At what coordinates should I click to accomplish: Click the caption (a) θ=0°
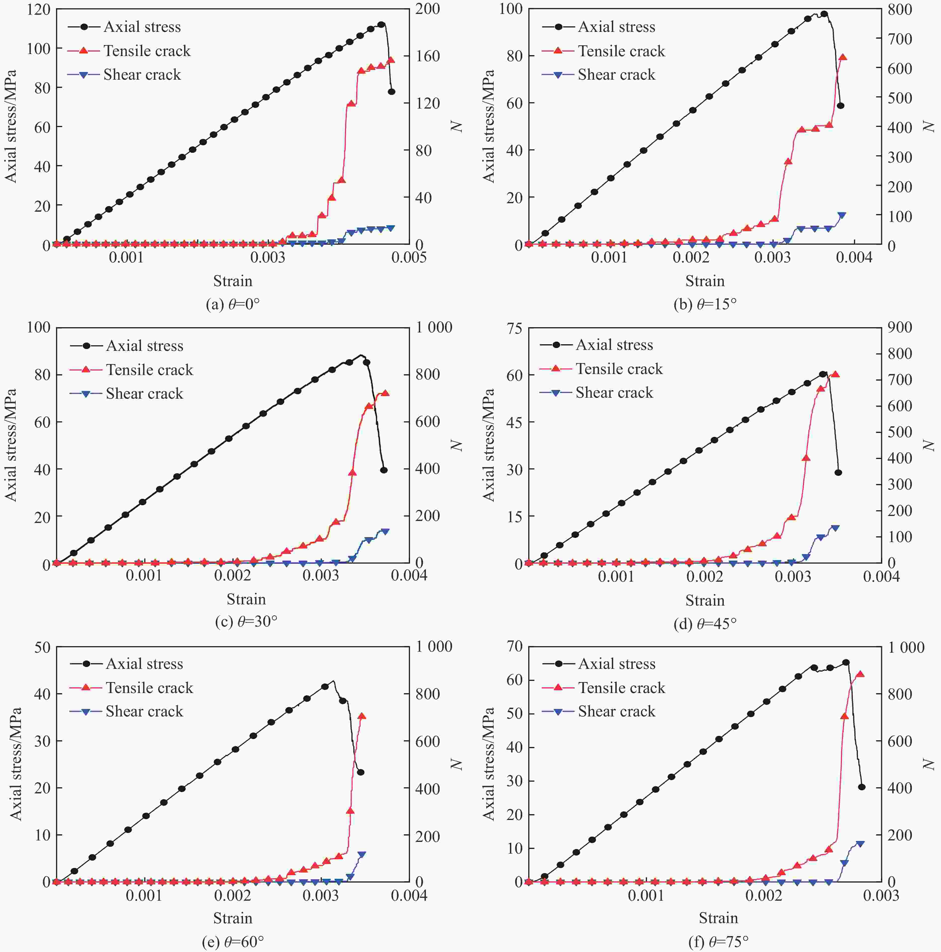coord(233,304)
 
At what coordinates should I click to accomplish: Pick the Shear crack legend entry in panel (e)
coord(144,711)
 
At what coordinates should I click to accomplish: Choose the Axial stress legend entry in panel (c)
coord(144,345)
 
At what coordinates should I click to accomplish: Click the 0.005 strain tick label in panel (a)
coord(409,257)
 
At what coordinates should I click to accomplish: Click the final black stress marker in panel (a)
coord(391,92)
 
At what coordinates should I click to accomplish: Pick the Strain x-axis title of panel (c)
coord(246,599)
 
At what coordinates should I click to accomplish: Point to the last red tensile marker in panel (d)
coord(835,375)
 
